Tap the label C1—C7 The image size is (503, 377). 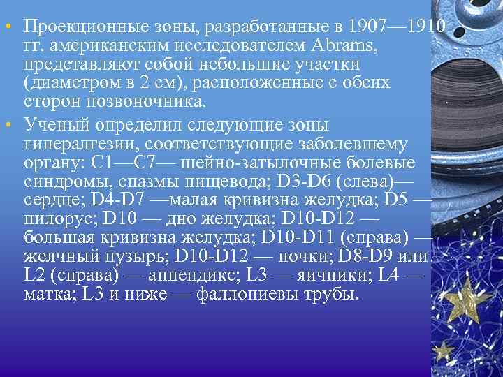click(143, 163)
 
